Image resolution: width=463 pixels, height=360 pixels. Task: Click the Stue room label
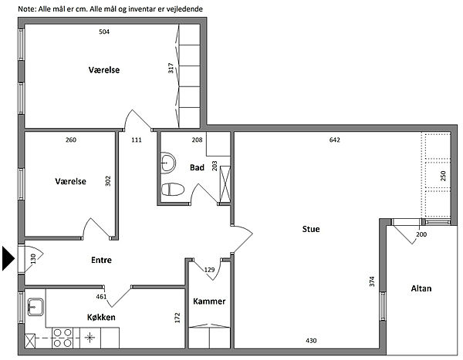tap(311, 229)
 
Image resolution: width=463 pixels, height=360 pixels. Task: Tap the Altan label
tap(421, 288)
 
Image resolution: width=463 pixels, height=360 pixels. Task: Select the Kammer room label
tap(209, 301)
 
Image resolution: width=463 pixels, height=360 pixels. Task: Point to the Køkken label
tap(101, 317)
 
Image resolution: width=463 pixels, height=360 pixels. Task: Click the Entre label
tap(101, 260)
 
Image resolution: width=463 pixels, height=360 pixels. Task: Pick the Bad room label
tap(197, 167)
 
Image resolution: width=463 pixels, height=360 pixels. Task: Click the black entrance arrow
tap(8, 258)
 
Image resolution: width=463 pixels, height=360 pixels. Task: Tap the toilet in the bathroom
tap(173, 190)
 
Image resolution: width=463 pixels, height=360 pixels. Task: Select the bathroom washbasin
tap(168, 163)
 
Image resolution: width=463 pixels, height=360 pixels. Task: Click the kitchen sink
tap(35, 307)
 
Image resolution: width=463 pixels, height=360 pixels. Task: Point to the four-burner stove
tap(63, 338)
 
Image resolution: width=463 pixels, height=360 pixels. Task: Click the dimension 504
tap(104, 32)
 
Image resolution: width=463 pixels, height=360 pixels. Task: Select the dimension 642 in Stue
tap(335, 140)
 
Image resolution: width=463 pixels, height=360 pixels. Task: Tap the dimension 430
tap(311, 341)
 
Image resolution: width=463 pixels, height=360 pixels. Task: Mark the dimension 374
tap(372, 281)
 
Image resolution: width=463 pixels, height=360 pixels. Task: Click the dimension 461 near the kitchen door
tap(101, 297)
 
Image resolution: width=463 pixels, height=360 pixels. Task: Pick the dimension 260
tap(71, 140)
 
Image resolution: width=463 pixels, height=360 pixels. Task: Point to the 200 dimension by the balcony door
tap(421, 234)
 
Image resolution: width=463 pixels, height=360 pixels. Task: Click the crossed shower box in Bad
tap(225, 184)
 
